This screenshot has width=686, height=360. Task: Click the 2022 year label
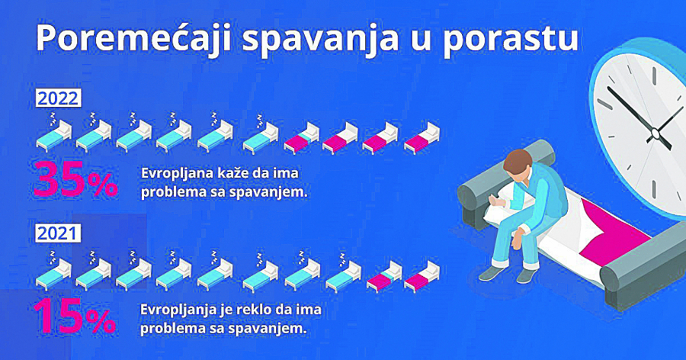click(59, 98)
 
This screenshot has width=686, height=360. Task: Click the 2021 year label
click(58, 233)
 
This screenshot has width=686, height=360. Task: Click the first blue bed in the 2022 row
click(53, 136)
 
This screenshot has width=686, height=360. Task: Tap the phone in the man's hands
click(495, 200)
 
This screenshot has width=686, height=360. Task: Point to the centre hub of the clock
click(654, 135)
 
